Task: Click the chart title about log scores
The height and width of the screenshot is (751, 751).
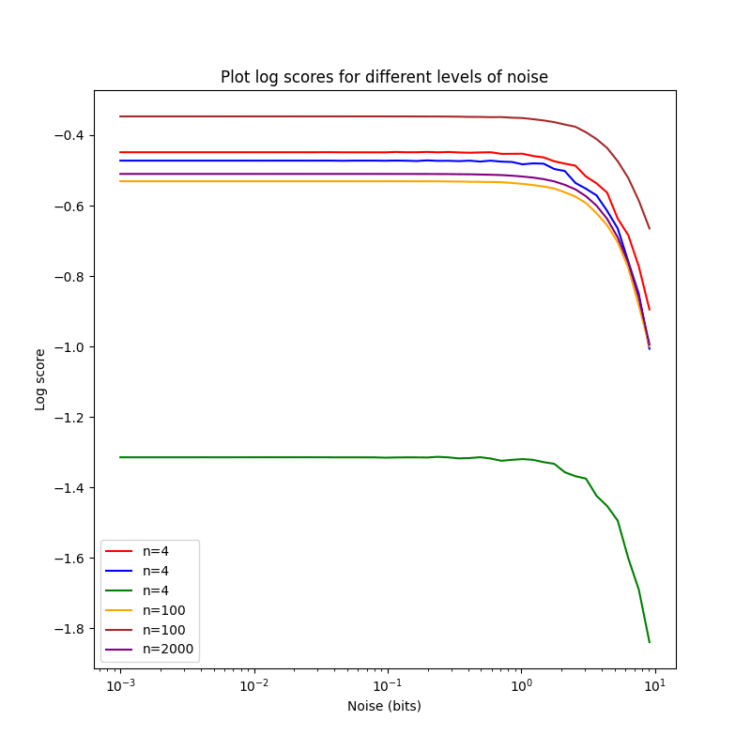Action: (x=384, y=77)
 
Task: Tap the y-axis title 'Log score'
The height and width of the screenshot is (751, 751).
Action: (x=40, y=379)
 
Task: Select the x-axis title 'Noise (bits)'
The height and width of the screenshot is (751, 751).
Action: (x=384, y=706)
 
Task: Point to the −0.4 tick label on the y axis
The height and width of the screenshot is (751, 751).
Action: (x=69, y=135)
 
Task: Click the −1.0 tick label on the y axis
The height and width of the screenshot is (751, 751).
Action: (x=69, y=347)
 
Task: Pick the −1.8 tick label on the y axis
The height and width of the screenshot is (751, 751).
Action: (x=69, y=629)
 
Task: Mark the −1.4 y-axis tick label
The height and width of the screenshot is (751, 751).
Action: (x=69, y=488)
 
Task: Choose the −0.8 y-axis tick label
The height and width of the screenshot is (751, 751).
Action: (x=69, y=277)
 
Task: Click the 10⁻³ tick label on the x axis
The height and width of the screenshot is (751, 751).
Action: (x=119, y=686)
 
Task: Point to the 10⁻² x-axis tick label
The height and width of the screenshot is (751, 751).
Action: (x=253, y=686)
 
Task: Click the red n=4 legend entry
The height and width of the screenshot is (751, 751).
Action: (x=150, y=551)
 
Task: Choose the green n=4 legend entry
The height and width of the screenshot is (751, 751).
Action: (x=150, y=590)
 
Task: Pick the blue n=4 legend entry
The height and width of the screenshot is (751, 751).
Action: (x=150, y=571)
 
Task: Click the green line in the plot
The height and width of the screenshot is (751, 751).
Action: (x=282, y=457)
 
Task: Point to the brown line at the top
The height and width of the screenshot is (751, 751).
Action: (x=282, y=116)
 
